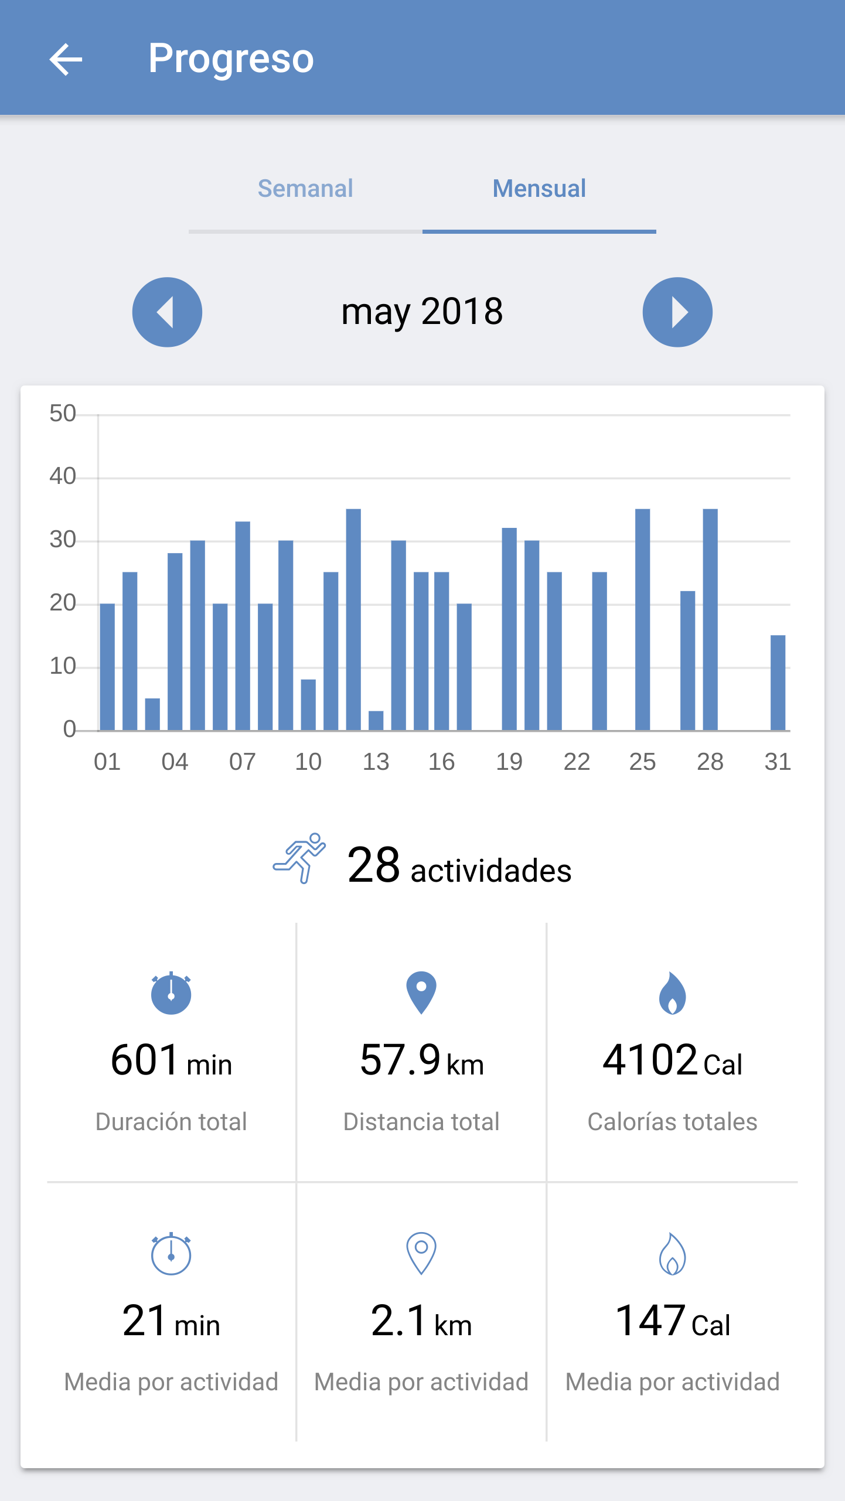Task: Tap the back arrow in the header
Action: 66,59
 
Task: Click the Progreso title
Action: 231,59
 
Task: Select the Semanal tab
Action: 305,189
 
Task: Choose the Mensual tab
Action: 539,189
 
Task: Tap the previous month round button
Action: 167,312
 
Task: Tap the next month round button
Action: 677,312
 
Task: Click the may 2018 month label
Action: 422,311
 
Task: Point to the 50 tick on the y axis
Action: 63,414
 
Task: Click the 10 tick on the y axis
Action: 63,666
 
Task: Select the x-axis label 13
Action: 376,762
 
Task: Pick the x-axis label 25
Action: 642,762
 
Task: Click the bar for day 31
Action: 778,683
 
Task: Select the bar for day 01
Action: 107,667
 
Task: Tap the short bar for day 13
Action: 376,721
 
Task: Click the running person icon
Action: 299,858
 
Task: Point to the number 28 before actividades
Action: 373,865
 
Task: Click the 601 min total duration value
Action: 171,1061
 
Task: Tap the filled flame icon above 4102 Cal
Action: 672,993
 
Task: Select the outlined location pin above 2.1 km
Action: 421,1253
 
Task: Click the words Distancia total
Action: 421,1122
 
